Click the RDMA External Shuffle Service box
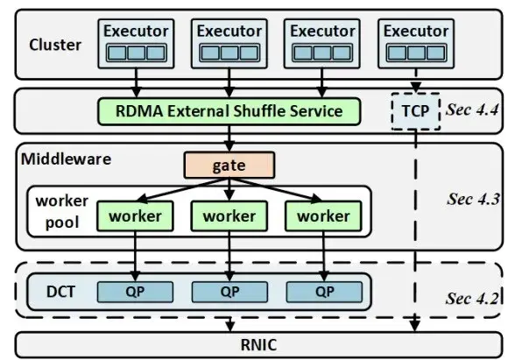click(x=229, y=111)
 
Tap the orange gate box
click(x=229, y=166)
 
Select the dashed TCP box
click(x=415, y=111)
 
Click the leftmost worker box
click(x=135, y=216)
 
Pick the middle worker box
click(x=229, y=216)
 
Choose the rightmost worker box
click(x=323, y=216)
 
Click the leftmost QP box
click(x=135, y=292)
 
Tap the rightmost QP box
click(x=324, y=292)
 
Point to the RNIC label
click(x=259, y=345)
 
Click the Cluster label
click(x=55, y=45)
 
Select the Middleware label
click(x=66, y=159)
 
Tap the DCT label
click(x=60, y=292)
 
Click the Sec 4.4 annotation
click(x=471, y=109)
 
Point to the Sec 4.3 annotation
click(x=473, y=199)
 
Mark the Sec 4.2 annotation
click(x=472, y=298)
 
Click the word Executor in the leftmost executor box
click(x=136, y=32)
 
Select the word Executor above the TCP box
click(x=416, y=32)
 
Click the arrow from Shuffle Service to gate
click(x=229, y=138)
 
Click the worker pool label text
click(x=61, y=211)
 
